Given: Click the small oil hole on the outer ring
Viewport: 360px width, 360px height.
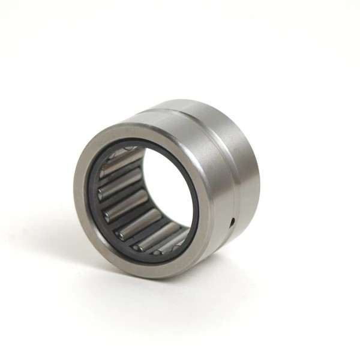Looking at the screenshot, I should (232, 223).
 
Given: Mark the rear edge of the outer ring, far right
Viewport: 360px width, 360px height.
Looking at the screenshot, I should (257, 174).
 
